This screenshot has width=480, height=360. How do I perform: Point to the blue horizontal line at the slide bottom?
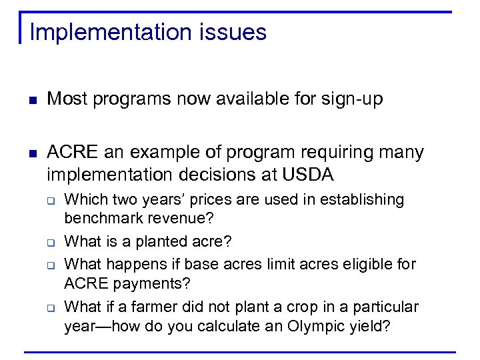click(x=240, y=351)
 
